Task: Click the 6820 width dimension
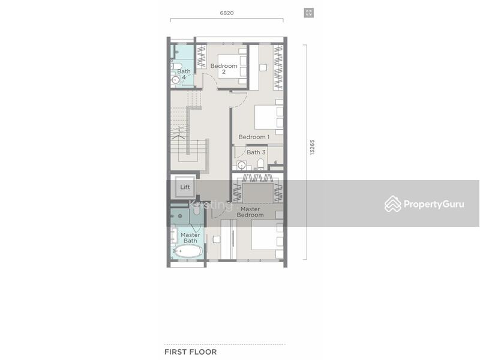coord(227,13)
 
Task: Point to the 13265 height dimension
coord(312,147)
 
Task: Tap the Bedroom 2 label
coord(224,69)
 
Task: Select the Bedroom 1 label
coord(254,137)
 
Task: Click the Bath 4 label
coord(184,74)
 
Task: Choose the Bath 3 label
coord(256,152)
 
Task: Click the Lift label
coord(185,187)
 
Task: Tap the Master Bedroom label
coord(250,212)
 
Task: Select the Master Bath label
coord(190,238)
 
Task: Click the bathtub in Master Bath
coord(187,251)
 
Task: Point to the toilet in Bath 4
coord(176,66)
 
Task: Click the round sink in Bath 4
coord(175,80)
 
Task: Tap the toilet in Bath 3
coord(260,164)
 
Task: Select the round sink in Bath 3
coord(242,166)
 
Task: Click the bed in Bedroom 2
coord(232,67)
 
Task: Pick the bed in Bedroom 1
coord(269,117)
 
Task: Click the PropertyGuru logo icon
coord(393,203)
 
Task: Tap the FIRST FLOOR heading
coord(190,352)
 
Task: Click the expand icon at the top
coord(309,13)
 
